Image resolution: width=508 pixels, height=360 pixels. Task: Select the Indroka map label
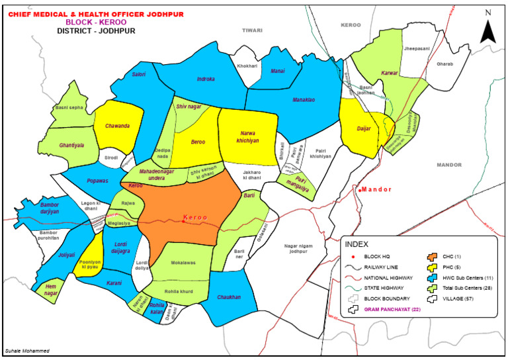206,79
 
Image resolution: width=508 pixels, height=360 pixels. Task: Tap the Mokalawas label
176,261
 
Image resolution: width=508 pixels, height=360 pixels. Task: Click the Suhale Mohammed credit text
26,351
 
